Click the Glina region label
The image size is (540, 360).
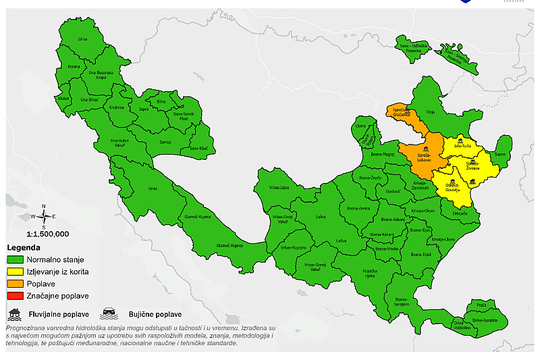83,39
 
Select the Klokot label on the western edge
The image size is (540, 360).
65,99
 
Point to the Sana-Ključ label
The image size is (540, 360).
198,148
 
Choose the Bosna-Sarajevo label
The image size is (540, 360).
403,301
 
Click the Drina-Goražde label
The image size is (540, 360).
485,319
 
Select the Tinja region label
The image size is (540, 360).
430,113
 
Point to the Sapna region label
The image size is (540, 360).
500,155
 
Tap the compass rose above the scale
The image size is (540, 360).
44,216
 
